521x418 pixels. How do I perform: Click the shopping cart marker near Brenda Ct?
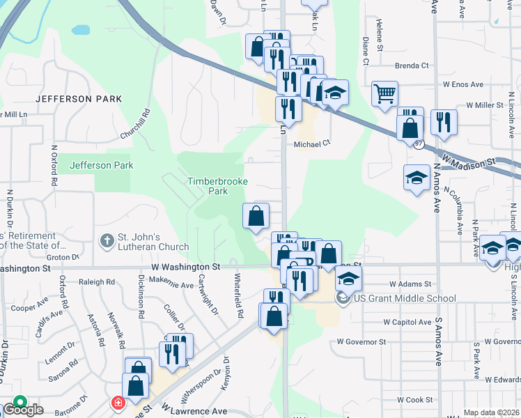[384, 94]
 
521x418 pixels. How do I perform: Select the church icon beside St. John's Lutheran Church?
[107, 241]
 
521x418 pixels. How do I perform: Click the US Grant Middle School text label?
[405, 299]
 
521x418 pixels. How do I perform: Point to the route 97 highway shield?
[418, 144]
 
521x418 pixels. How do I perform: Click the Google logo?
[23, 409]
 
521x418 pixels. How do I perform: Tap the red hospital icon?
[118, 403]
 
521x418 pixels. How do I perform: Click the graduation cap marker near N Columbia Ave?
[417, 178]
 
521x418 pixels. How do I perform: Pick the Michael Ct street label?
[311, 143]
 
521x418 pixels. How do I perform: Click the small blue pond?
[81, 31]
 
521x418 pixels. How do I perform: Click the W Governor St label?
[361, 341]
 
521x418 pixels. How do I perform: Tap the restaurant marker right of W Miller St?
[444, 122]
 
